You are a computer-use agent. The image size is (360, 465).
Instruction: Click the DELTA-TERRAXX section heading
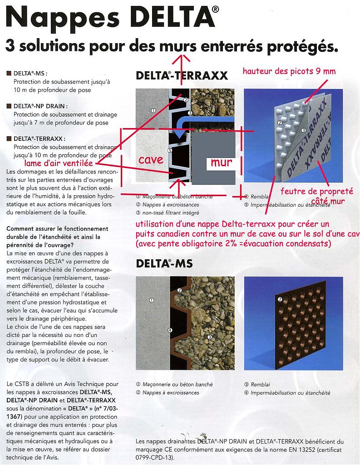tap(182, 76)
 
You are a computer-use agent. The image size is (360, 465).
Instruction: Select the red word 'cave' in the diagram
tap(151, 159)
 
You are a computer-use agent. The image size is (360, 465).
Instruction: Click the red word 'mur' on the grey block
tap(221, 162)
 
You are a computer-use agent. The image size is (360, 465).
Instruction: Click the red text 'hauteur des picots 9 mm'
tap(289, 71)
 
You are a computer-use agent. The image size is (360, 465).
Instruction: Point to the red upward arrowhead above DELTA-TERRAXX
tap(183, 57)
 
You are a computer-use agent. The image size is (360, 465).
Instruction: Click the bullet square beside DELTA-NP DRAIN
tap(9, 106)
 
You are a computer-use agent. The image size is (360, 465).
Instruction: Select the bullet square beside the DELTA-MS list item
tap(9, 73)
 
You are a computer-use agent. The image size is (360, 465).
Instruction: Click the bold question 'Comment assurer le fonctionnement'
tap(57, 229)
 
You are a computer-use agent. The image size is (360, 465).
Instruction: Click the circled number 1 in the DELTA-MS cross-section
tap(152, 300)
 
